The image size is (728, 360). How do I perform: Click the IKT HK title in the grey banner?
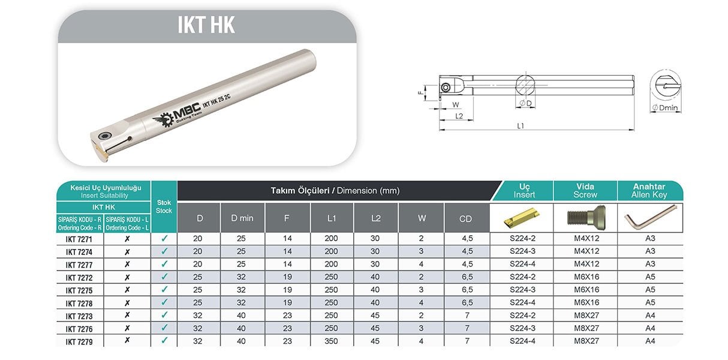coord(206,25)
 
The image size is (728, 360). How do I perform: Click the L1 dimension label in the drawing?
coord(521,125)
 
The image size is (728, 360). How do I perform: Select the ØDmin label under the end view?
coord(665,107)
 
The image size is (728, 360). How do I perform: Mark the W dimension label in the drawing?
coord(456,105)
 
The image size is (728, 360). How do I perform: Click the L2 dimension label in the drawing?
coord(459,116)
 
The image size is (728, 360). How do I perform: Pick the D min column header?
coord(242,218)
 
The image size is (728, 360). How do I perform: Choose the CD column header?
coord(465,219)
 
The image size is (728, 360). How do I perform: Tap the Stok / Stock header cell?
coord(164,206)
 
